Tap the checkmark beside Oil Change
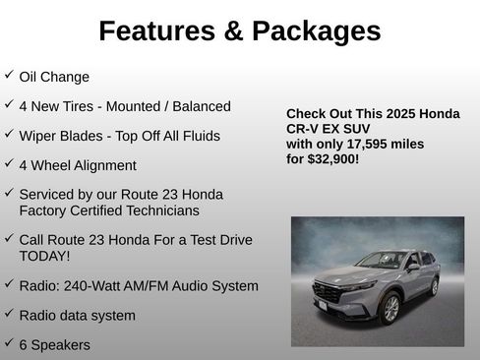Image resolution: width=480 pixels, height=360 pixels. point(9,75)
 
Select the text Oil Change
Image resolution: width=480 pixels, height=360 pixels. point(54,77)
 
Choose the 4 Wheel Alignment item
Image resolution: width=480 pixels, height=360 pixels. point(78,165)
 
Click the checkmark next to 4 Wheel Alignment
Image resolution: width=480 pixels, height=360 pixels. point(9,163)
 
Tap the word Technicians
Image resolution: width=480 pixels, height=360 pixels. point(157,210)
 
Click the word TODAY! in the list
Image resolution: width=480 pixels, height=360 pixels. point(44,256)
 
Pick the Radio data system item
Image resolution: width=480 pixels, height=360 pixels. point(78,316)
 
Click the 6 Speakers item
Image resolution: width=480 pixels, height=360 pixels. point(55,345)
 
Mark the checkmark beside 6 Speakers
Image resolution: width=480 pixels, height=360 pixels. point(9,343)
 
